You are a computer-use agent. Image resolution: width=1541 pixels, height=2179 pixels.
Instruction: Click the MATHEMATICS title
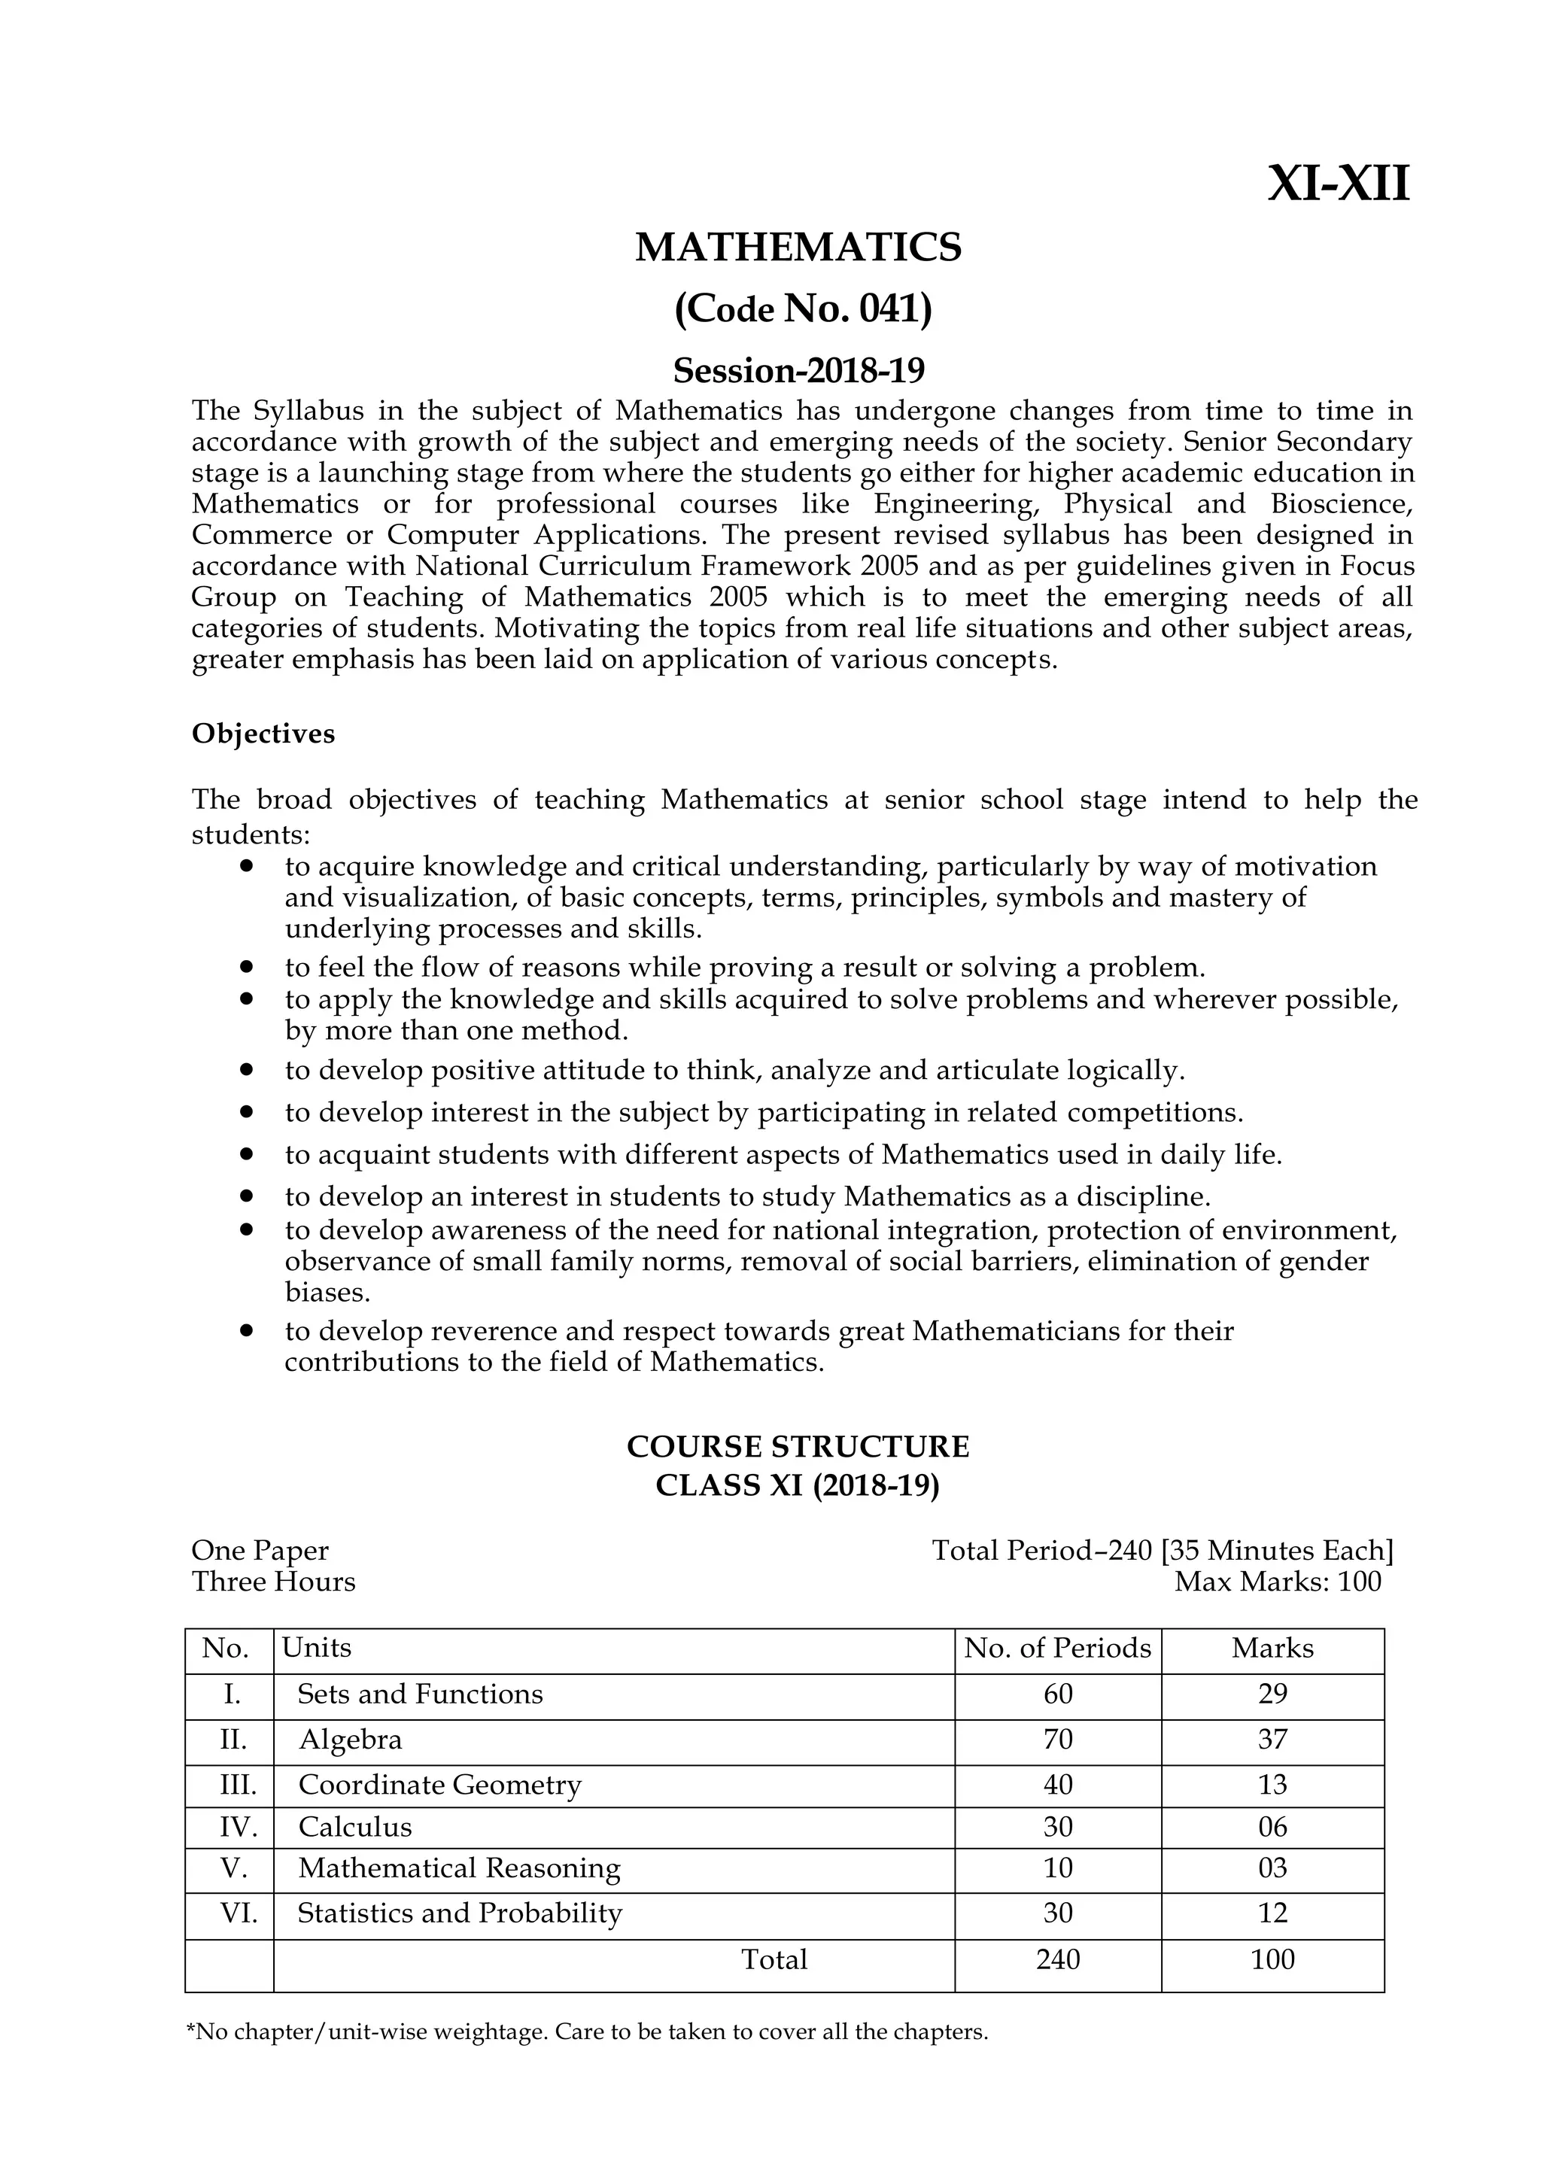click(798, 248)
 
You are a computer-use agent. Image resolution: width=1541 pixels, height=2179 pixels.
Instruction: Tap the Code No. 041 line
click(803, 309)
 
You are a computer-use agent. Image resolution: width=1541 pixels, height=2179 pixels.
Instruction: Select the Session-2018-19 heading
click(798, 369)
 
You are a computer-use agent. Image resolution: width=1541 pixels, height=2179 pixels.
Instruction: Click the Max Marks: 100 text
click(1277, 1581)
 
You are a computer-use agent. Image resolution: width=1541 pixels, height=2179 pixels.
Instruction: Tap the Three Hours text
click(273, 1581)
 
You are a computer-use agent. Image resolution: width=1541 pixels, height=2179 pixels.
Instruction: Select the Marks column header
click(1272, 1648)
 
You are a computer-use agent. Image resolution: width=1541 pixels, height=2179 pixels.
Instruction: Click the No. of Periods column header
click(1057, 1648)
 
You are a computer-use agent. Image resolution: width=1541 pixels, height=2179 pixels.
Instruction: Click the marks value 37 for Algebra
click(1272, 1739)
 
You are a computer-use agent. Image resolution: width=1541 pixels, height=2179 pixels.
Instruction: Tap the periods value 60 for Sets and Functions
click(1057, 1694)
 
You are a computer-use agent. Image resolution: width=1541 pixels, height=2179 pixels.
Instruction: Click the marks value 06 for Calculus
click(1272, 1827)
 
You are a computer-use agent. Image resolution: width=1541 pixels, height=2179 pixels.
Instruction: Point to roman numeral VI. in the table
click(239, 1913)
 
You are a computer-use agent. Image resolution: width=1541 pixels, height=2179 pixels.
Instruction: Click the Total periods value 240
click(1057, 1959)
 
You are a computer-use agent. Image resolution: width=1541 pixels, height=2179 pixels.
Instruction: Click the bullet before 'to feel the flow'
click(247, 966)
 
